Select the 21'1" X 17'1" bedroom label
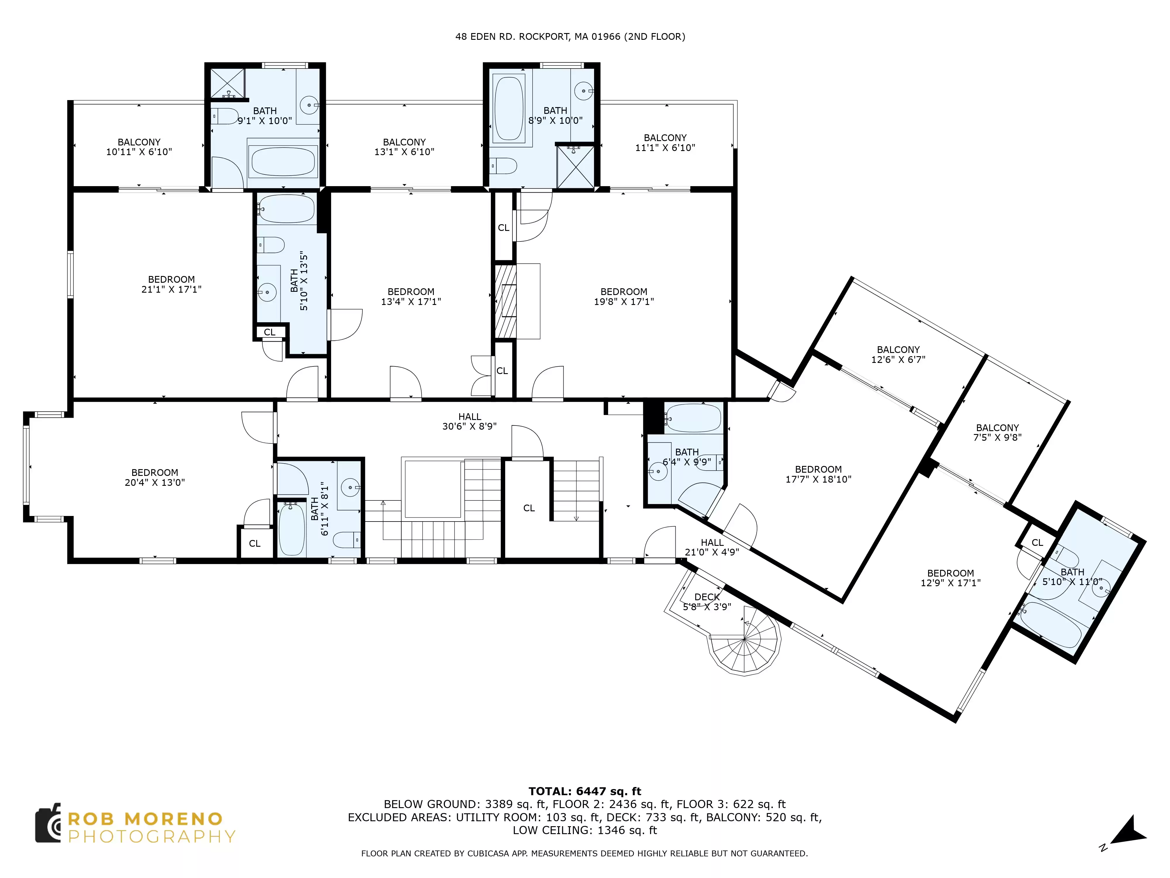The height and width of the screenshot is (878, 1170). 171,284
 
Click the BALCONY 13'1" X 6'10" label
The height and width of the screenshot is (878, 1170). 404,147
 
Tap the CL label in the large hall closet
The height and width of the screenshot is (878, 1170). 529,508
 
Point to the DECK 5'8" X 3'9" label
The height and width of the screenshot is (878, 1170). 707,602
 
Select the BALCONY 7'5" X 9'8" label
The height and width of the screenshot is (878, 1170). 997,432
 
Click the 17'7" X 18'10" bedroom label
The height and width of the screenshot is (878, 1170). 818,474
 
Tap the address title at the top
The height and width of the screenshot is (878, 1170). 570,37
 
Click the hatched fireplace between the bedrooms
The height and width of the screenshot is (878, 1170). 505,301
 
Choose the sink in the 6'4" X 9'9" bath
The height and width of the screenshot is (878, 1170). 658,471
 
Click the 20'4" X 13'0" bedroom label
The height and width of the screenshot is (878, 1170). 155,477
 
